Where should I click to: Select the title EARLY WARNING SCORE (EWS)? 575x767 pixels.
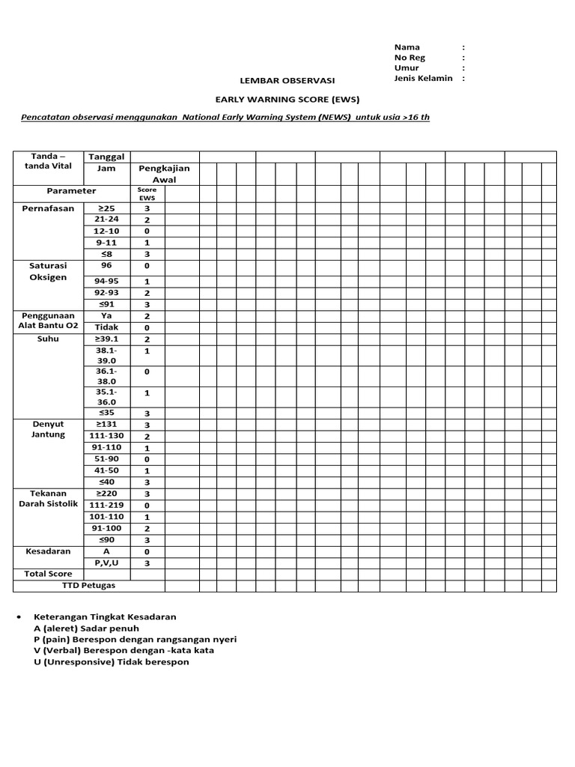(x=287, y=99)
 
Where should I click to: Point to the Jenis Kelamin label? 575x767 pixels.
(x=423, y=79)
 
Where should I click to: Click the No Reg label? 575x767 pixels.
(x=410, y=58)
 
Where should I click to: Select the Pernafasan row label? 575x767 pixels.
(x=49, y=208)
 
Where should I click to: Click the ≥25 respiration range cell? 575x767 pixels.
(x=106, y=208)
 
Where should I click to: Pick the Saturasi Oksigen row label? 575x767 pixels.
(x=49, y=271)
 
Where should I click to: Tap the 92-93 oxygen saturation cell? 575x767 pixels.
(x=106, y=293)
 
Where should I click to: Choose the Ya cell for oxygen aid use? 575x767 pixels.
(x=106, y=316)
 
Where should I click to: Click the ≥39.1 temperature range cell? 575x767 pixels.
(x=106, y=339)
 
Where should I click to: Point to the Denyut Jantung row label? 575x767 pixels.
(x=49, y=429)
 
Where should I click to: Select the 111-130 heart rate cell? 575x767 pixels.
(x=106, y=436)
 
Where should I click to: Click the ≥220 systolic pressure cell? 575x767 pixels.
(x=106, y=494)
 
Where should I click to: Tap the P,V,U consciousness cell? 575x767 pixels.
(x=106, y=563)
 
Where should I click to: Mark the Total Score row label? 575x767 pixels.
(x=49, y=574)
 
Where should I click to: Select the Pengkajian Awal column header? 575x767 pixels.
(x=164, y=174)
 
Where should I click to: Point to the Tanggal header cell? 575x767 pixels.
(x=106, y=157)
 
